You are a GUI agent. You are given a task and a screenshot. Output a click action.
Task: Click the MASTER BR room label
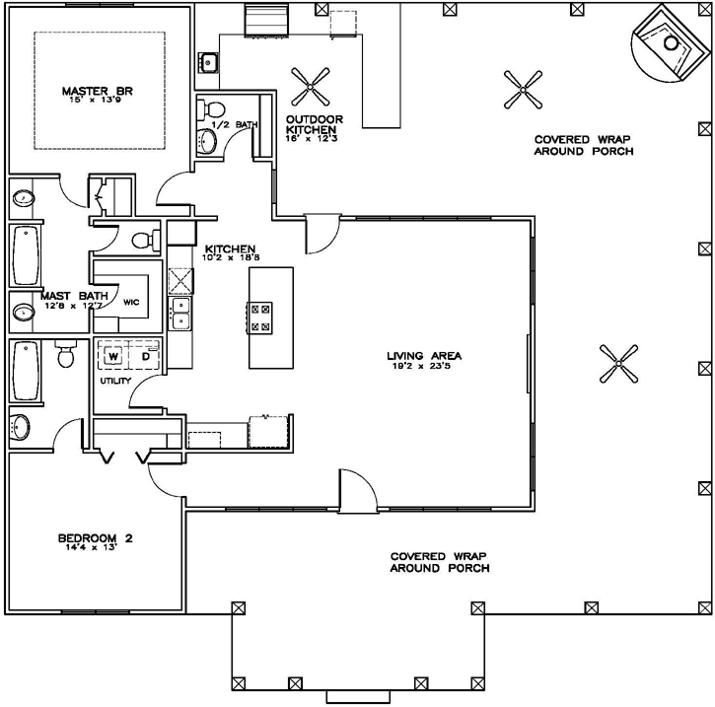[x=97, y=92]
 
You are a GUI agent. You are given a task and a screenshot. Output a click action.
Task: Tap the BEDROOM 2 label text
[x=95, y=538]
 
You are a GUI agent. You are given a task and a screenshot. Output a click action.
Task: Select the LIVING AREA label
[x=424, y=356]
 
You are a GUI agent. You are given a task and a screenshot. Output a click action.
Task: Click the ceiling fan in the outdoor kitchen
[x=315, y=86]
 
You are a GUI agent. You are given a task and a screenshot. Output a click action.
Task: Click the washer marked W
[x=112, y=355]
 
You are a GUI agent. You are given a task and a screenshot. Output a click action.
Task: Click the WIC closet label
[x=131, y=302]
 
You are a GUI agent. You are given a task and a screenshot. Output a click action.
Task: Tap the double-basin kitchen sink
[x=181, y=314]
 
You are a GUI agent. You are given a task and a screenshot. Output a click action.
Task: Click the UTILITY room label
[x=114, y=380]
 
